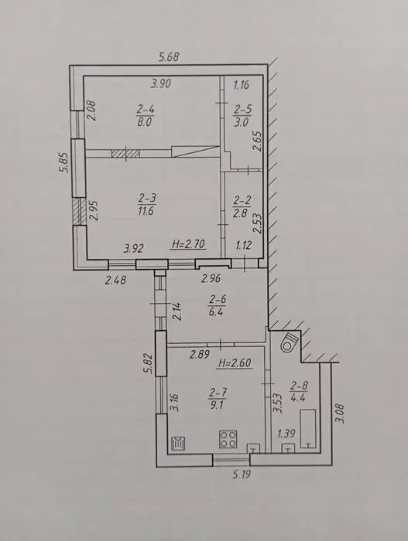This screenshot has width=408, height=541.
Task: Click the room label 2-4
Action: click(x=146, y=110)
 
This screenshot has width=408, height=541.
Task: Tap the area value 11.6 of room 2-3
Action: click(x=146, y=211)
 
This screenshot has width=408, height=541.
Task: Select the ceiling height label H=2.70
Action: click(x=188, y=244)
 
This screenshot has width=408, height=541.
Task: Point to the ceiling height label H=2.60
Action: click(x=235, y=362)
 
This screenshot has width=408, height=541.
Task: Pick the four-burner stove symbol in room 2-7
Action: click(x=228, y=439)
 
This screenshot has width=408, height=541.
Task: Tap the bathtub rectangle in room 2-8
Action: click(x=307, y=428)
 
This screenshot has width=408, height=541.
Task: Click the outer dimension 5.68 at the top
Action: click(x=169, y=56)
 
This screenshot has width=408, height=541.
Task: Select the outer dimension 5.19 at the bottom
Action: click(x=241, y=475)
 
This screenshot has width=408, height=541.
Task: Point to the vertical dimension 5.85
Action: click(x=65, y=162)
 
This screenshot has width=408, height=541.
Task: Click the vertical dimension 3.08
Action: click(x=341, y=413)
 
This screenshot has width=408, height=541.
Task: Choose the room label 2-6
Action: click(x=217, y=300)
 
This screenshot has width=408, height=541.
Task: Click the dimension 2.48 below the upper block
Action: click(x=115, y=280)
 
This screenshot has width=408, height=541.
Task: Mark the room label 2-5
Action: click(x=242, y=110)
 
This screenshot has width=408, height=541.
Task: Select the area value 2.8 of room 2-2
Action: click(x=240, y=213)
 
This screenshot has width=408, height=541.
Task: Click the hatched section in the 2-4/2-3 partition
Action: click(x=125, y=153)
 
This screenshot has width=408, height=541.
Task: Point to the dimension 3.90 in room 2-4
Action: click(x=161, y=83)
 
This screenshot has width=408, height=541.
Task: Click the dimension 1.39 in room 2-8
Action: click(x=286, y=434)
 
